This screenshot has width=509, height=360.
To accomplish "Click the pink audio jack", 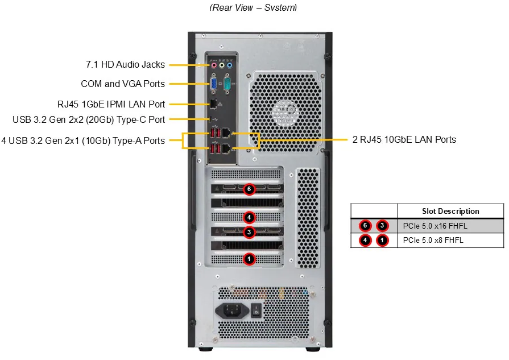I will (214, 65).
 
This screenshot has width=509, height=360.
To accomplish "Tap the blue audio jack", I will (230, 65).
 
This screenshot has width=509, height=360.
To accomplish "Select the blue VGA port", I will (213, 84).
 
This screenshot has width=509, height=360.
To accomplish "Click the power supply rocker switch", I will (256, 311).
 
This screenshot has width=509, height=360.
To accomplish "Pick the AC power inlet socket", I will (232, 311).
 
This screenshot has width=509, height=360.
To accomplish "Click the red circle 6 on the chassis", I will (249, 188).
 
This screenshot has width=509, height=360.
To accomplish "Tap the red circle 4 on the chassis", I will (249, 217).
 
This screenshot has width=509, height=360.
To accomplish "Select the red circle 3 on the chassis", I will (249, 232).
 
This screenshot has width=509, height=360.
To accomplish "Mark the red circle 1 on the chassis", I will (249, 259).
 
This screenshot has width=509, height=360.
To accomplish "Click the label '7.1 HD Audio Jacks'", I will (125, 65).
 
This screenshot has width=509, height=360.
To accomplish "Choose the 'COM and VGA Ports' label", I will (123, 84).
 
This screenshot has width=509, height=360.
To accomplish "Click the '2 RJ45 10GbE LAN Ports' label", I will (404, 139).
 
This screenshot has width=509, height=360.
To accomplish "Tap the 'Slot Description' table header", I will (450, 211).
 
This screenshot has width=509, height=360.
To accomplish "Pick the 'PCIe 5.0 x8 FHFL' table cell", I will (433, 240).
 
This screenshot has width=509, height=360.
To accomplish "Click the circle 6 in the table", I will (366, 225).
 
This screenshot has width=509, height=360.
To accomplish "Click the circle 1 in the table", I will (383, 240).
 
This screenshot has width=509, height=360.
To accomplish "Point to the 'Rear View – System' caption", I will (253, 7).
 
